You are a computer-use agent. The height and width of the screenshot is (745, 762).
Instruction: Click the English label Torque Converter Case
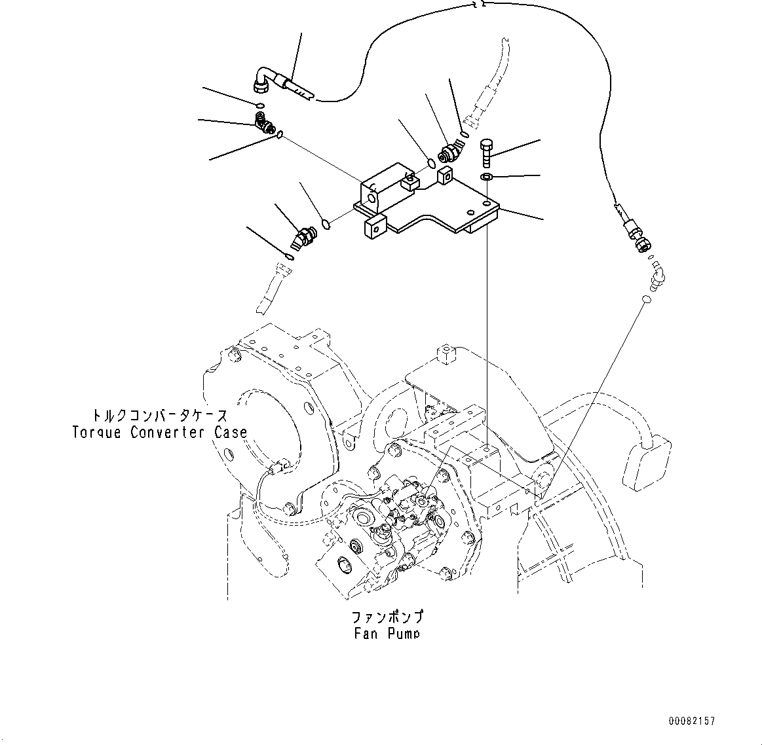[x=159, y=433]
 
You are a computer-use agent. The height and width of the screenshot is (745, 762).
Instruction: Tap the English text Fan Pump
[x=385, y=632]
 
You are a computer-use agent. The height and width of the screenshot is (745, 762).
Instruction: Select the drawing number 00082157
[x=691, y=721]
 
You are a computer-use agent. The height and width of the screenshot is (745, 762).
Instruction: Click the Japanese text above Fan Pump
[x=387, y=617]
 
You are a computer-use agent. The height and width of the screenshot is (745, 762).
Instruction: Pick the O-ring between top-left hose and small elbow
[x=260, y=105]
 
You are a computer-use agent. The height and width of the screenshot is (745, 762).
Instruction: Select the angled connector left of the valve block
[x=303, y=237]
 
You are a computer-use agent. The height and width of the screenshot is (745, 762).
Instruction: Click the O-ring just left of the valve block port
[x=326, y=226]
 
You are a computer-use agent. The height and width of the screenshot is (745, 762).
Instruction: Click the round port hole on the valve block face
[x=371, y=195]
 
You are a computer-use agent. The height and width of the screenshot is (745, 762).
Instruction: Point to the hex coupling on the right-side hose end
[x=641, y=244]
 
